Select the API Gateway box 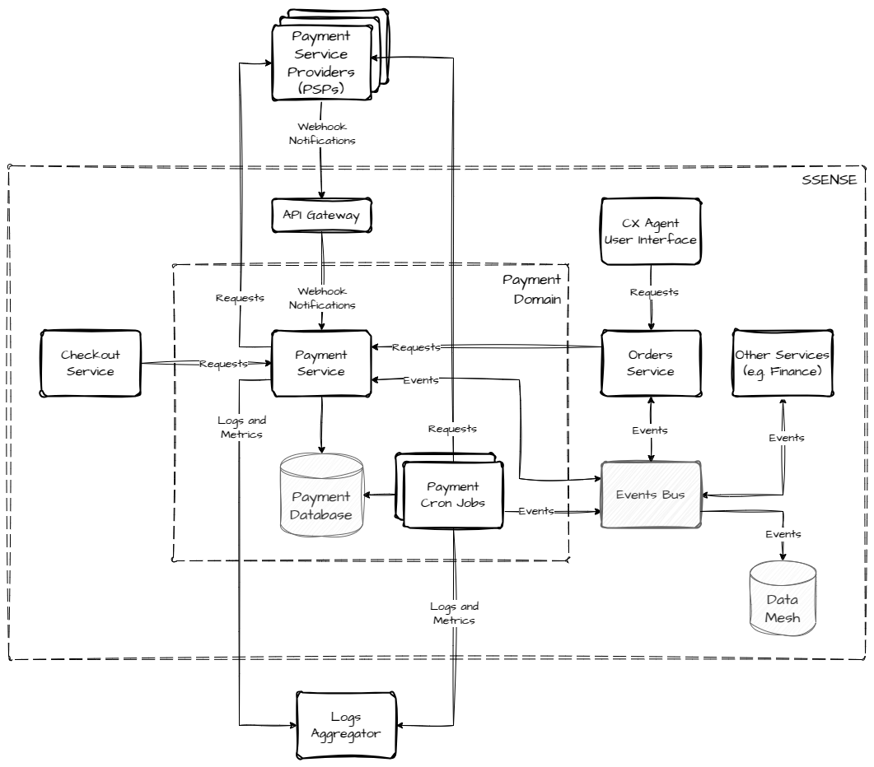[x=321, y=215]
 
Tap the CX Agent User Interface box [x=651, y=231]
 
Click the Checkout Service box [x=91, y=363]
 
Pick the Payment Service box [x=321, y=363]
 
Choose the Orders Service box [x=651, y=363]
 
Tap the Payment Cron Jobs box [x=452, y=494]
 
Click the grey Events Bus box [x=651, y=495]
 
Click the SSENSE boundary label [x=829, y=179]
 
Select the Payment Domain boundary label [x=531, y=289]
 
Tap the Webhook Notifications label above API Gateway [x=321, y=134]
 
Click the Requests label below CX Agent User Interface [x=653, y=292]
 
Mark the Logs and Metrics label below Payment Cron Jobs [x=454, y=613]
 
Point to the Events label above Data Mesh [x=783, y=534]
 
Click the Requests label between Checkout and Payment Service [x=224, y=363]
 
